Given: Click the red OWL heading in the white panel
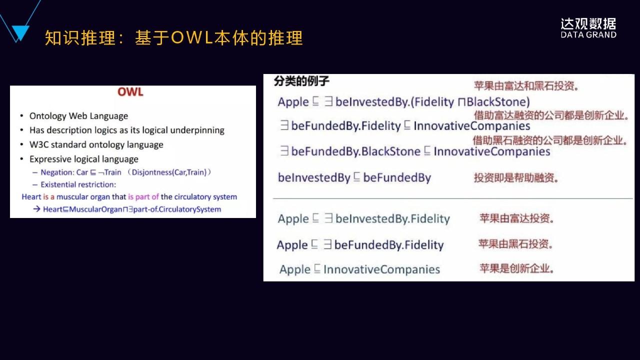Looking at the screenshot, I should click(x=130, y=92).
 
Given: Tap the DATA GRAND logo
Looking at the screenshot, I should click(x=588, y=28).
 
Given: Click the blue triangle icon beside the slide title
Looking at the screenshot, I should click(x=20, y=33).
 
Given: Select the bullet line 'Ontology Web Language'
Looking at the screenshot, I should click(x=78, y=116).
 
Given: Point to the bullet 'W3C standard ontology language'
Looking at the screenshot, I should click(x=96, y=145).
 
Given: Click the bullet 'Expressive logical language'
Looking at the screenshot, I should click(x=83, y=159).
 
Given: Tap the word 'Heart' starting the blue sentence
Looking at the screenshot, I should click(x=31, y=197).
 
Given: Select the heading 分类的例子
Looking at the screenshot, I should click(x=301, y=81).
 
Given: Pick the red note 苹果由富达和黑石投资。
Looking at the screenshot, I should click(x=526, y=86).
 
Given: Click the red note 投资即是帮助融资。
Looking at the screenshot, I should click(x=516, y=178).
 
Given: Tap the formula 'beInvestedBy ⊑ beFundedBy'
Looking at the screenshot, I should click(x=354, y=177).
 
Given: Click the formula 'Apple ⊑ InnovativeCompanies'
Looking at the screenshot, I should click(x=359, y=269).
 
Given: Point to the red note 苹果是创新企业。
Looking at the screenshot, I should click(x=516, y=268).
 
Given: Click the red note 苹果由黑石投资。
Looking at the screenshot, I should click(x=515, y=244).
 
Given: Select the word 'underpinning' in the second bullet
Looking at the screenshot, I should click(x=199, y=130).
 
